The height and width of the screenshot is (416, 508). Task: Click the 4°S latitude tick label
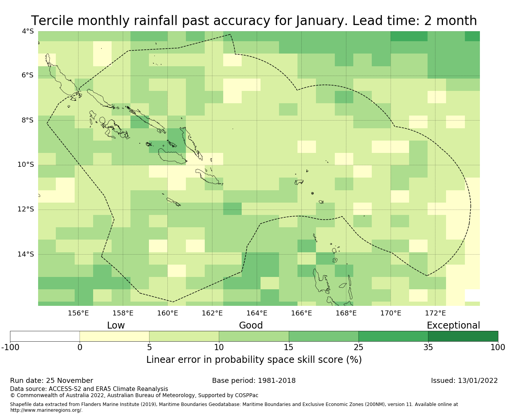click(x=28, y=31)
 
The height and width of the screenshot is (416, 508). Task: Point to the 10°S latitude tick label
click(x=26, y=165)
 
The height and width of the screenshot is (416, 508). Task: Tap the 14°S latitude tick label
click(x=26, y=254)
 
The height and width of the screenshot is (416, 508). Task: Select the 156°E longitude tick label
click(x=78, y=313)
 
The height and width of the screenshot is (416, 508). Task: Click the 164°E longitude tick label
click(x=257, y=313)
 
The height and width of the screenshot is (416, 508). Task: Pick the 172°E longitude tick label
click(x=435, y=313)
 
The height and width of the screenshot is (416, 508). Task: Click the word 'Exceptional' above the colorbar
click(x=453, y=325)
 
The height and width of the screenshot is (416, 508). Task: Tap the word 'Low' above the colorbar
click(x=116, y=325)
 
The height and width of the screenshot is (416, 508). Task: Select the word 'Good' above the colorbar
click(x=251, y=325)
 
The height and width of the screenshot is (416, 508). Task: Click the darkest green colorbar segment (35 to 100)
click(x=463, y=336)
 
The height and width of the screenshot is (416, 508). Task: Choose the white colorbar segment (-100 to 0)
click(x=45, y=336)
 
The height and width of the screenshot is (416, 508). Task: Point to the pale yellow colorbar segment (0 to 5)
click(x=114, y=336)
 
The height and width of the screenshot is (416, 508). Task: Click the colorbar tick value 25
click(x=358, y=347)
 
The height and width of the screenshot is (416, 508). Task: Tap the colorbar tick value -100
click(x=10, y=347)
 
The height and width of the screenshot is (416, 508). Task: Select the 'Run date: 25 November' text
click(x=52, y=381)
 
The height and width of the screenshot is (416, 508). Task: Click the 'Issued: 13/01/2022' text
click(x=464, y=381)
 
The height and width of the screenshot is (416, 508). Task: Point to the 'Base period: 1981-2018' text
click(x=254, y=381)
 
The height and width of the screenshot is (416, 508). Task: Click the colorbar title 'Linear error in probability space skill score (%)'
click(x=254, y=360)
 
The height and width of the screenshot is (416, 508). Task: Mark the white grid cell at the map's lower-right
click(x=472, y=295)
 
